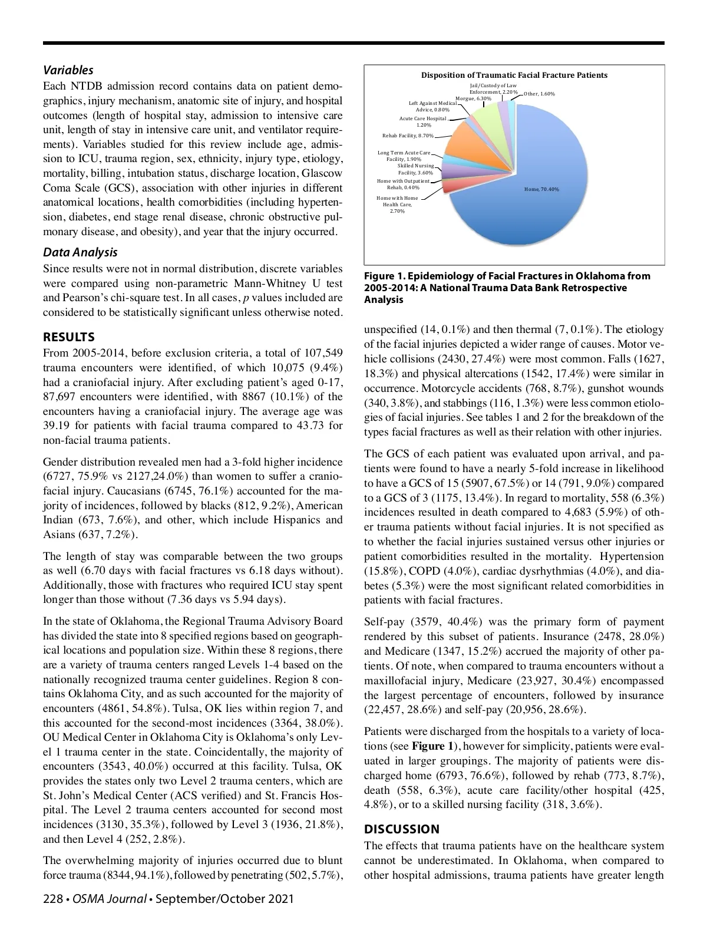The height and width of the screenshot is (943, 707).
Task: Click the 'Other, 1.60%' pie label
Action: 539,94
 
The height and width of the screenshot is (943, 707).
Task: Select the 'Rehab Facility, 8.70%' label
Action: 407,136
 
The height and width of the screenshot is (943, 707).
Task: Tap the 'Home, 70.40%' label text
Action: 541,189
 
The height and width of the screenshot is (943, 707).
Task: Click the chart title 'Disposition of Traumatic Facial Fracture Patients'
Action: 514,75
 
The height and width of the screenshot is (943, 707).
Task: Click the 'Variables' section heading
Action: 68,70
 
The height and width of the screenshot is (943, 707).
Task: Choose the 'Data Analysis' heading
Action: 80,252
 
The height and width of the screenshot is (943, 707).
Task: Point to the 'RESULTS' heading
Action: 69,337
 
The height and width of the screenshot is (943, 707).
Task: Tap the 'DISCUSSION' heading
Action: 402,829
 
